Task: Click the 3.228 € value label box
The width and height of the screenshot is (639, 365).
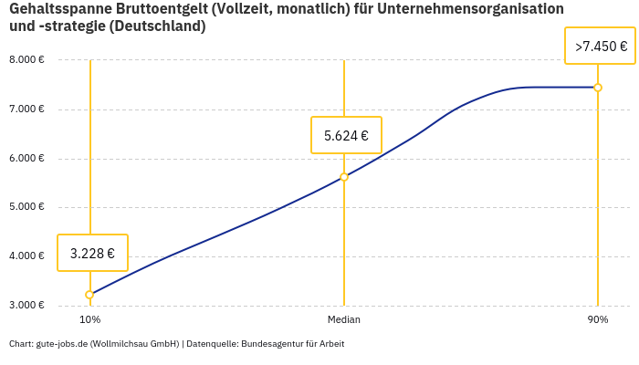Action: point(92,253)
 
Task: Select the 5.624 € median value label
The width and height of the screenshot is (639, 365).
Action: point(346,135)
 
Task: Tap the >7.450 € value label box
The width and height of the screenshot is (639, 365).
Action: point(600,46)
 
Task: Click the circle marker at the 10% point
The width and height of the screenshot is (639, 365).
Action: point(89,295)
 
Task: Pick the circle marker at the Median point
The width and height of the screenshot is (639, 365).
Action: point(344,177)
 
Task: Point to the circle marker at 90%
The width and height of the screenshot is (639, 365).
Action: point(598,88)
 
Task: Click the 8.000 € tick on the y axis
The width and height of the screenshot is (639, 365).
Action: point(26,60)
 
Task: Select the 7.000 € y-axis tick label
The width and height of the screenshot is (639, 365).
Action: point(26,109)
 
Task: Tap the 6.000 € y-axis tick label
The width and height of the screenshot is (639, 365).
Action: point(26,158)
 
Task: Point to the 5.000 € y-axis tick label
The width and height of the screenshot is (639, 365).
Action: point(26,207)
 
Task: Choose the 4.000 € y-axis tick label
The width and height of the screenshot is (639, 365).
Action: point(26,255)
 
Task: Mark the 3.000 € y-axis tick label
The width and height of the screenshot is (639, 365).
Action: point(26,305)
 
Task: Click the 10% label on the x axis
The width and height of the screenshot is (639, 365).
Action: point(89,320)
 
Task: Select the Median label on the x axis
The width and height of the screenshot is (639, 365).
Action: point(344,320)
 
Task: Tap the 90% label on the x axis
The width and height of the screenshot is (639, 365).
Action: point(598,320)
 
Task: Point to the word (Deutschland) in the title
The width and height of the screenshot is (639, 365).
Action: point(158,26)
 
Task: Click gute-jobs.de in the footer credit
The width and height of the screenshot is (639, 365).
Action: point(61,344)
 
